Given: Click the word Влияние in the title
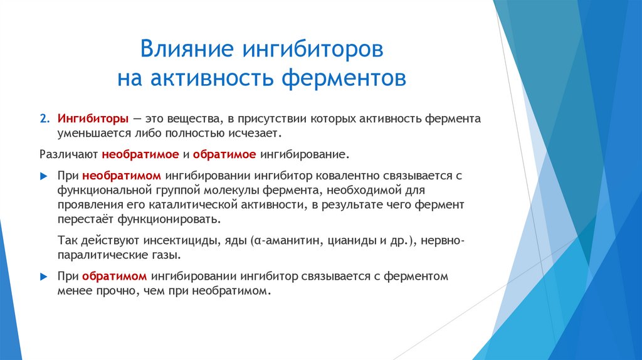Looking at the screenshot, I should point(182,49).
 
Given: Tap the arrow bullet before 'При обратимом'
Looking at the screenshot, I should point(44,277).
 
